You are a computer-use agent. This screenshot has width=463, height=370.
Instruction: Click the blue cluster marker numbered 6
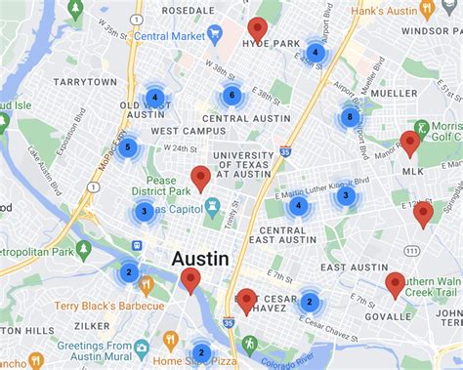click(x=231, y=96)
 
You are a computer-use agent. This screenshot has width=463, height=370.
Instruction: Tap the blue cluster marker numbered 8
click(x=350, y=117)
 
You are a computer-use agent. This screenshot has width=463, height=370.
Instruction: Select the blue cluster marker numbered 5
click(x=127, y=148)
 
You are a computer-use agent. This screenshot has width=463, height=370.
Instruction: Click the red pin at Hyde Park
click(x=257, y=29)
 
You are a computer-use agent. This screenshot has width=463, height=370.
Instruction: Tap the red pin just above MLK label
click(x=410, y=144)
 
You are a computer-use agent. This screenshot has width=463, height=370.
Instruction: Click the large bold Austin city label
click(x=200, y=259)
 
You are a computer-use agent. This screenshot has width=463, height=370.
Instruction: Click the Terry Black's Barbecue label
click(x=94, y=307)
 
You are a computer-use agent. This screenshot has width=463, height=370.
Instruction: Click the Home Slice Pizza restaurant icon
click(x=170, y=341)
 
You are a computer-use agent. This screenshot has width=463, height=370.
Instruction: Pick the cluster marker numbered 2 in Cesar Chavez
click(x=310, y=302)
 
